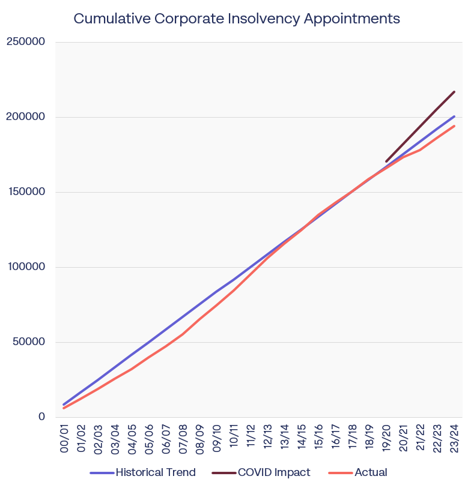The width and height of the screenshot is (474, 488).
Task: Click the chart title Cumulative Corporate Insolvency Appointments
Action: pos(237,19)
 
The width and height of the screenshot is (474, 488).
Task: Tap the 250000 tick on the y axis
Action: pos(25,42)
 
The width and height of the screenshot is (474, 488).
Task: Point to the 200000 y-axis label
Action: pos(25,117)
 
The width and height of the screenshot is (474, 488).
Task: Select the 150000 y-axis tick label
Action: pos(25,192)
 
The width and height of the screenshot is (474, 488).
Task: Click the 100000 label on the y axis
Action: pos(25,267)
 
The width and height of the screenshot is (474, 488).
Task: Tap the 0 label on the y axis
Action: pos(41,417)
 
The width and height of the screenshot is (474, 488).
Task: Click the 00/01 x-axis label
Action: pos(64,439)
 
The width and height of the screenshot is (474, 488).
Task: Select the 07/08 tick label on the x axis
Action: pos(183,439)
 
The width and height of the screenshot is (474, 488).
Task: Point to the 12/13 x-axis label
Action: pos(267,439)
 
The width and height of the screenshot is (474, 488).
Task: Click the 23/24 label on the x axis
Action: pos(454,439)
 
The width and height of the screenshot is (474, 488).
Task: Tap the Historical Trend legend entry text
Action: pos(156,472)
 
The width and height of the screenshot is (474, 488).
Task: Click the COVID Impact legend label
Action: pos(274,472)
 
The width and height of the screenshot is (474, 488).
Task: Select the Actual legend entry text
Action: pos(371,472)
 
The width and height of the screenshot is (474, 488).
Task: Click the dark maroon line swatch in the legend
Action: pos(223,473)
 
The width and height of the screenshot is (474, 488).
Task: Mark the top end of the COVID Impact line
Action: pos(454,92)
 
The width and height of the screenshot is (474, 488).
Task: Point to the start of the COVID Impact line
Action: pos(386,161)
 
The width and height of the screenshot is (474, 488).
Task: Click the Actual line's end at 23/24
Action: pos(454,126)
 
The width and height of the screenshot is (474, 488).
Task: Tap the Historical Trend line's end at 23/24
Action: pos(454,116)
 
